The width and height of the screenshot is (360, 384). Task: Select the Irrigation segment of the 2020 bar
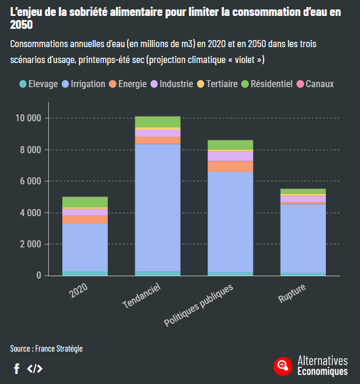click(x=85, y=247)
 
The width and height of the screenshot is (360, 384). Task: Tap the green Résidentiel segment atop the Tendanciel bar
click(x=158, y=121)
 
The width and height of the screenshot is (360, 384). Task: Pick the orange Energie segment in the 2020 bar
click(x=85, y=219)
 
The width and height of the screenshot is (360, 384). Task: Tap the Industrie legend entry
click(x=172, y=84)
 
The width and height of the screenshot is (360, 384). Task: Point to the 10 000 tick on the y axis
click(x=28, y=118)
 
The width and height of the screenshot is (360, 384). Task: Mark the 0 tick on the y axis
click(x=39, y=276)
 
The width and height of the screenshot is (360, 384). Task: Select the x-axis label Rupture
click(x=292, y=293)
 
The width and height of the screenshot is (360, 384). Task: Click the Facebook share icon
click(x=16, y=369)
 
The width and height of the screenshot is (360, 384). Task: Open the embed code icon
click(x=35, y=369)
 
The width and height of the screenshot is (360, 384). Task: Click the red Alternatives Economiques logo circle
click(x=283, y=366)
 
